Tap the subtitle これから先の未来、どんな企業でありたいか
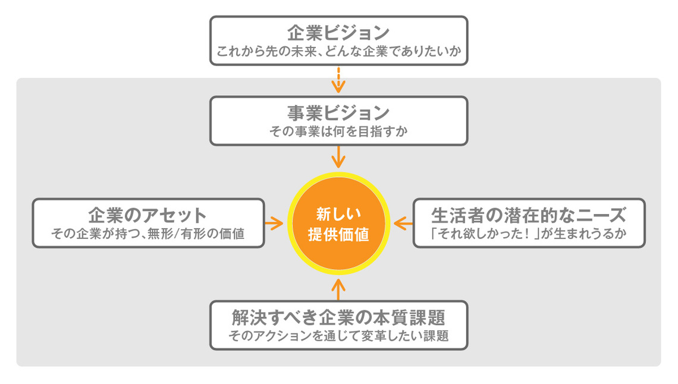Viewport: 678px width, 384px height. click(x=338, y=51)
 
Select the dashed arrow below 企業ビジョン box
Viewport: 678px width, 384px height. click(x=338, y=79)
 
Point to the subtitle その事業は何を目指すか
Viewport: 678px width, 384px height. click(x=338, y=131)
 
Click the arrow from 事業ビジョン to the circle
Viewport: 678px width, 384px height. click(x=338, y=157)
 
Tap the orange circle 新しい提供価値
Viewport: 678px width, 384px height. click(x=338, y=223)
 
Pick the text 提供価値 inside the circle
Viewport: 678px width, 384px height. click(x=338, y=234)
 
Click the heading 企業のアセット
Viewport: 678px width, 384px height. click(x=147, y=215)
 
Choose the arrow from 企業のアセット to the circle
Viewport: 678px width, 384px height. click(x=274, y=223)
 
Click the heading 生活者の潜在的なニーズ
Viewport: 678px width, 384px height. click(x=529, y=215)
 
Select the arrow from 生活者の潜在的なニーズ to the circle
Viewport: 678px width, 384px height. click(x=403, y=223)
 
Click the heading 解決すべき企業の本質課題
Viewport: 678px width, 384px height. click(x=338, y=316)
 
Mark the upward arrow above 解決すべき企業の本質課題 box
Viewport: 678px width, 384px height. click(x=338, y=288)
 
